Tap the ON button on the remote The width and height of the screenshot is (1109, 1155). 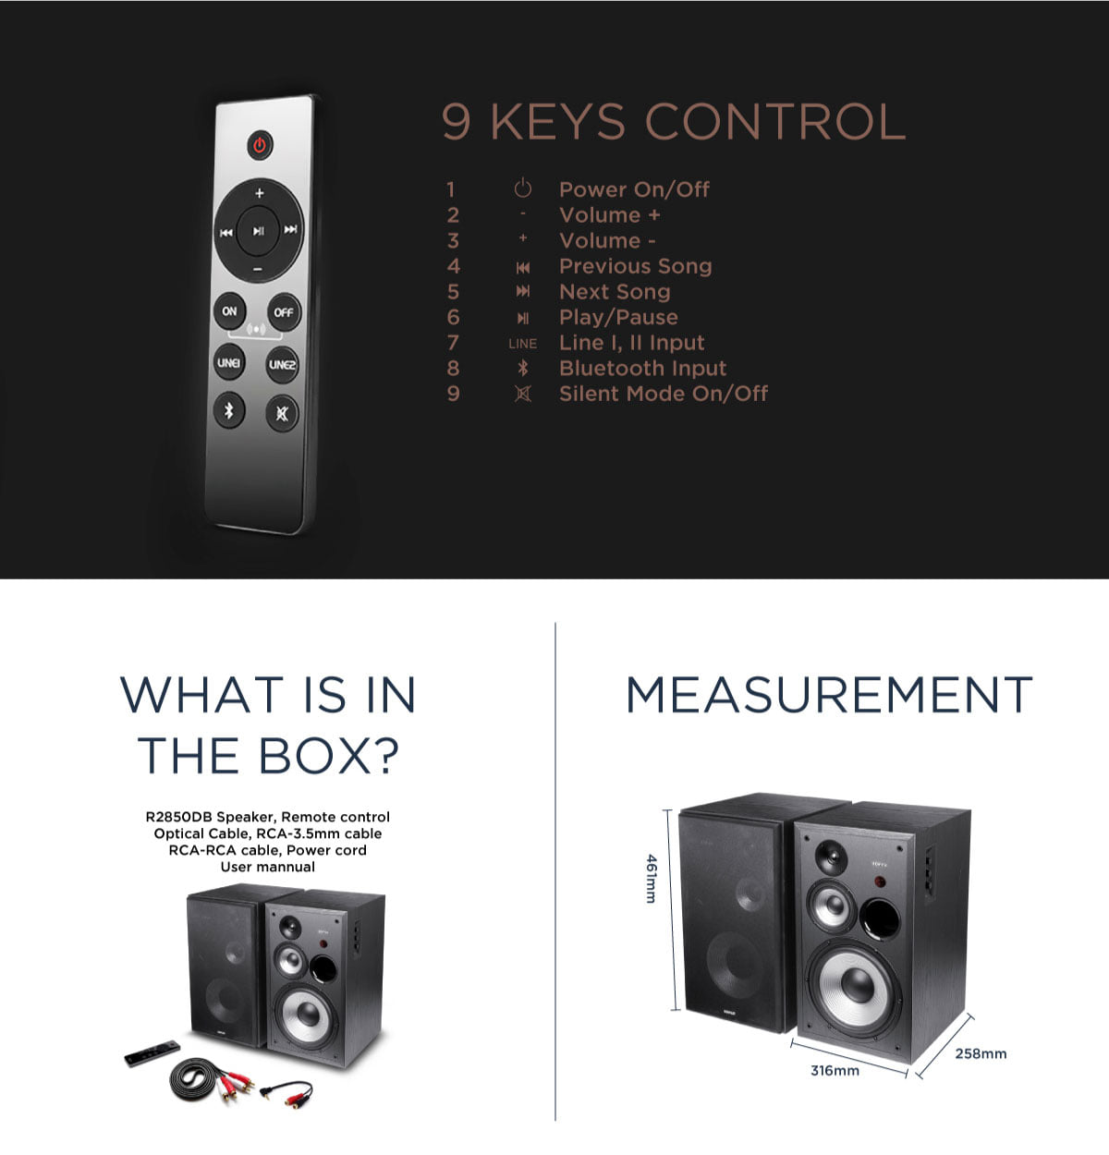(229, 310)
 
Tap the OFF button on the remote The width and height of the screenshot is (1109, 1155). (283, 311)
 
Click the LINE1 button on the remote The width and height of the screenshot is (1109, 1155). (228, 362)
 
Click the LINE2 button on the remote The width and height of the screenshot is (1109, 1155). (282, 364)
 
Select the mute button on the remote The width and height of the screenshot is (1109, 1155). (281, 413)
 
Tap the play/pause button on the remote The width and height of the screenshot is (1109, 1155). (258, 231)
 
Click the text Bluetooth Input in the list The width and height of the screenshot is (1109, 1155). (642, 368)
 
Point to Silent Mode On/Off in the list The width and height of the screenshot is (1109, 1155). (664, 394)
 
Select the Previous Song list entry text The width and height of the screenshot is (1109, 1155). (635, 266)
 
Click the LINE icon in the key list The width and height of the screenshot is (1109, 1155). (522, 343)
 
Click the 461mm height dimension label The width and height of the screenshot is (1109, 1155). (652, 879)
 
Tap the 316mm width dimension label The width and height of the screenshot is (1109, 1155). (835, 1070)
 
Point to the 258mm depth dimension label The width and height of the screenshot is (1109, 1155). (981, 1053)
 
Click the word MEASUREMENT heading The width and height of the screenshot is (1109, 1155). (829, 695)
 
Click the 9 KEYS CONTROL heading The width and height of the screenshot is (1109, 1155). (673, 121)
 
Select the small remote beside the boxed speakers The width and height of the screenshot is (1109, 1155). (152, 1052)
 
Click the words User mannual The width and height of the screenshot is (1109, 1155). (268, 867)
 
